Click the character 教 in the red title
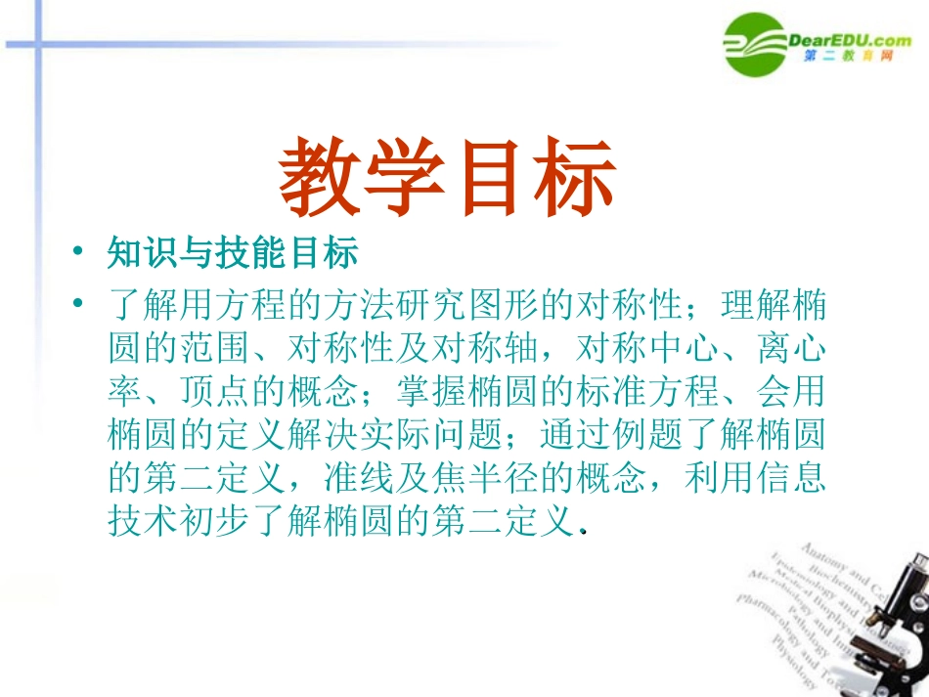[323, 179]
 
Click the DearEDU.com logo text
[849, 39]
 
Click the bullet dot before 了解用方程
[77, 307]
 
